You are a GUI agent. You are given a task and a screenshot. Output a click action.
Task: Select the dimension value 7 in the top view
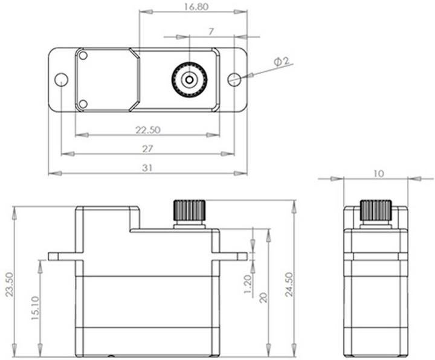coord(210,31)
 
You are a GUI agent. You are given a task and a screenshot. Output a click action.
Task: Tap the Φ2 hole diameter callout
coord(282,62)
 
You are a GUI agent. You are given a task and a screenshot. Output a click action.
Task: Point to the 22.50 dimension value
coord(147,129)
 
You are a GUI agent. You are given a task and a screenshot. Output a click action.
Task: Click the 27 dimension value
coord(147,149)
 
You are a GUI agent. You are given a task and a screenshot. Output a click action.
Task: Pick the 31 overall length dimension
coord(147,168)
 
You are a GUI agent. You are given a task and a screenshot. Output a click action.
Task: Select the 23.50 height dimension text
coord(8,283)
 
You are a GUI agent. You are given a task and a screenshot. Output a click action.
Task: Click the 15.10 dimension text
coord(35,308)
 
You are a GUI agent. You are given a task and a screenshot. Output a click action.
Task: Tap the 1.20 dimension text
coord(247,283)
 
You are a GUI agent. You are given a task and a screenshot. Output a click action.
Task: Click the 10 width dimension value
coord(378,173)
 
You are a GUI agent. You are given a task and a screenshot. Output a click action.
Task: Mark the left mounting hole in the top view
coord(61,79)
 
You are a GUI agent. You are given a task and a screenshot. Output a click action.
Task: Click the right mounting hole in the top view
coord(234,79)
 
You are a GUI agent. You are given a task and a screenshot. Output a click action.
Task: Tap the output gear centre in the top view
coord(190,79)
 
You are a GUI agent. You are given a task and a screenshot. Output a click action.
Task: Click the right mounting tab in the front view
coord(233,256)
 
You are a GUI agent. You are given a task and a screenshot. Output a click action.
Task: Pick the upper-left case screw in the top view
coord(83,56)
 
